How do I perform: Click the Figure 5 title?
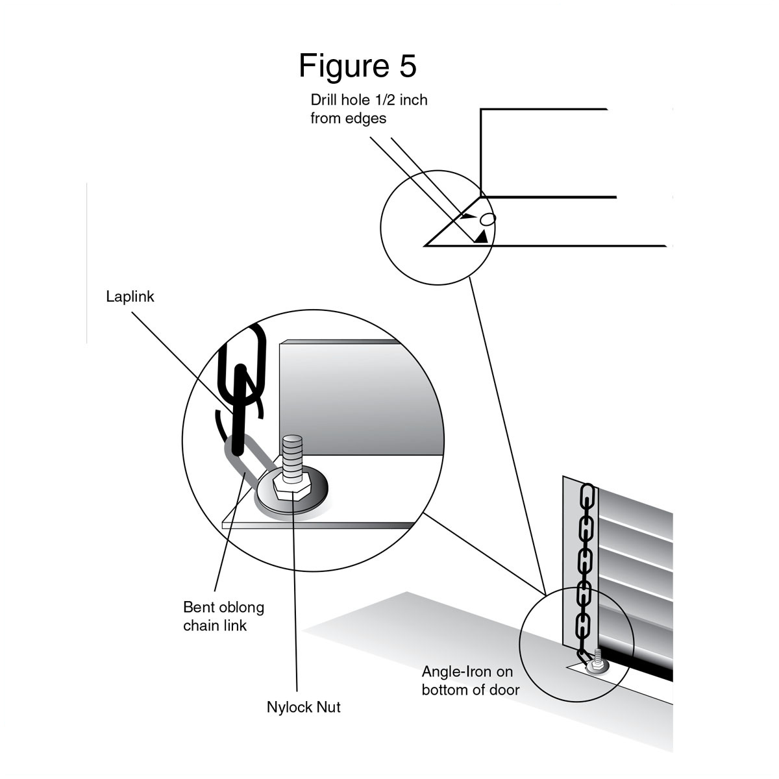(357, 66)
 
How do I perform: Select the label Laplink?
(130, 297)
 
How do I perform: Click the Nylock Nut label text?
(303, 707)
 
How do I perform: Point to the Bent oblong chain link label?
(223, 616)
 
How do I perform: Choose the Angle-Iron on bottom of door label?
(471, 680)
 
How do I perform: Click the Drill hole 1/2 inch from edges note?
(369, 109)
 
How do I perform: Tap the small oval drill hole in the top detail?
(488, 219)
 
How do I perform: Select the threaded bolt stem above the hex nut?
(292, 453)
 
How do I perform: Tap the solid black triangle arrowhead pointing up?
(480, 237)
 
